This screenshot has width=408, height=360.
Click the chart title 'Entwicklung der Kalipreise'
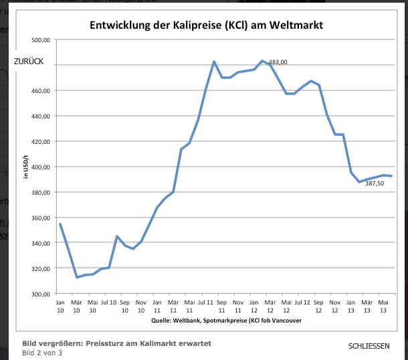[207, 26]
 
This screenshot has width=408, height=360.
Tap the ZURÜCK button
[29, 61]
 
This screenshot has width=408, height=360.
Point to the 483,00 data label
[278, 62]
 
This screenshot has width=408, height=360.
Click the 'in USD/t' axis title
[26, 167]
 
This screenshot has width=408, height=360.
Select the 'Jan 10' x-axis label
[60, 306]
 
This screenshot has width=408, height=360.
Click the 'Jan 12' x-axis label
[254, 306]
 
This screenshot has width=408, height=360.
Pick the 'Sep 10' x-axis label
[124, 306]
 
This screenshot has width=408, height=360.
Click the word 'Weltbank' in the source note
[187, 321]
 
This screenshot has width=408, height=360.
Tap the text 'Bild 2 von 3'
[42, 353]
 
